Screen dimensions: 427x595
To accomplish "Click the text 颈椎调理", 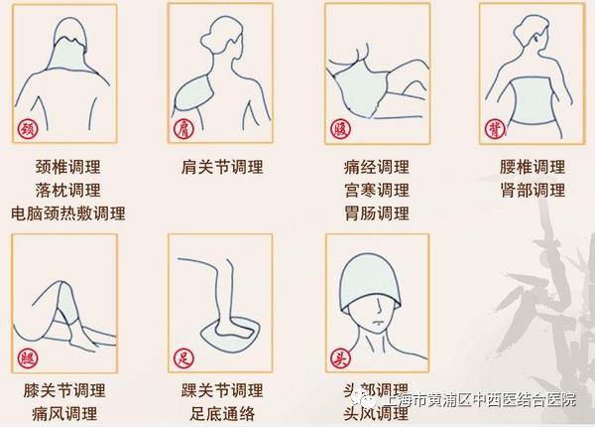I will [67, 167].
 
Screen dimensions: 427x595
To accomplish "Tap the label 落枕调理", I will [67, 190].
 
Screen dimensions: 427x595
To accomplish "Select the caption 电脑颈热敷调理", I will [67, 213].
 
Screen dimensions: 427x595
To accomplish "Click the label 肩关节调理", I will [222, 167].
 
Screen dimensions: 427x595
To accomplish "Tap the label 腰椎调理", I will [533, 167].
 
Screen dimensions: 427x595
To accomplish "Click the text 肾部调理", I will [533, 190].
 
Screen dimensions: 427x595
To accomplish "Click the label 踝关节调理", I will [222, 390].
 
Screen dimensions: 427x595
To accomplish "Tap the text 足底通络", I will [222, 413].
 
